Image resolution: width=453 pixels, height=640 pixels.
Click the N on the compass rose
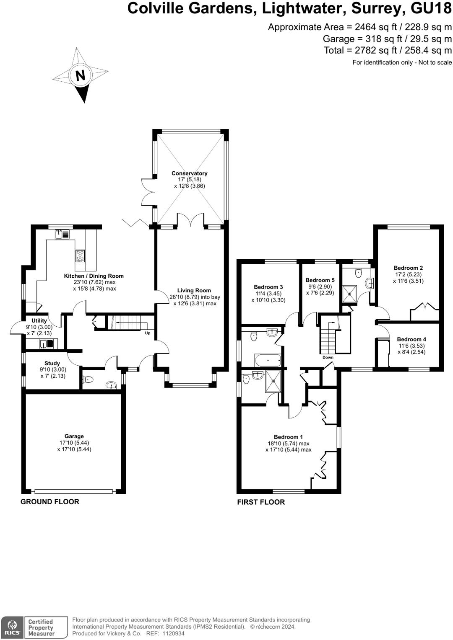81,76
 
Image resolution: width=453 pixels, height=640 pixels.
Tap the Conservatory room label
190,173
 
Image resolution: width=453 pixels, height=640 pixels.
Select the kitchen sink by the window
62,234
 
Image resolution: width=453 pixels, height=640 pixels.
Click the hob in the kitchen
80,256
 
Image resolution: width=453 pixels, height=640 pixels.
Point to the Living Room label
194,291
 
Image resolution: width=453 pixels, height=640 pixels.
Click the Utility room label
39,321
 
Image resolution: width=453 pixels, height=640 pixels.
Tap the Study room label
52,364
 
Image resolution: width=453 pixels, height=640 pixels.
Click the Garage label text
74,436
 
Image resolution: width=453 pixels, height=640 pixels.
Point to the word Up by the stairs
148,333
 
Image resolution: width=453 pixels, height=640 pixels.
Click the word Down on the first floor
328,357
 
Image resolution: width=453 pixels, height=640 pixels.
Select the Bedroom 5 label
320,280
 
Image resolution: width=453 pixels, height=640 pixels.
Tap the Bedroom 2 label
409,268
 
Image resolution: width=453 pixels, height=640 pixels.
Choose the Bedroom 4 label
411,339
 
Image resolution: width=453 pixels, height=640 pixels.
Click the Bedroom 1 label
288,437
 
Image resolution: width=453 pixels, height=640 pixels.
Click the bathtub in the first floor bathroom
268,361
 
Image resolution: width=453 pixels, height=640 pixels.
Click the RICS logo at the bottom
12,628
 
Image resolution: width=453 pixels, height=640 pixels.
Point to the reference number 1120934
173,634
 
